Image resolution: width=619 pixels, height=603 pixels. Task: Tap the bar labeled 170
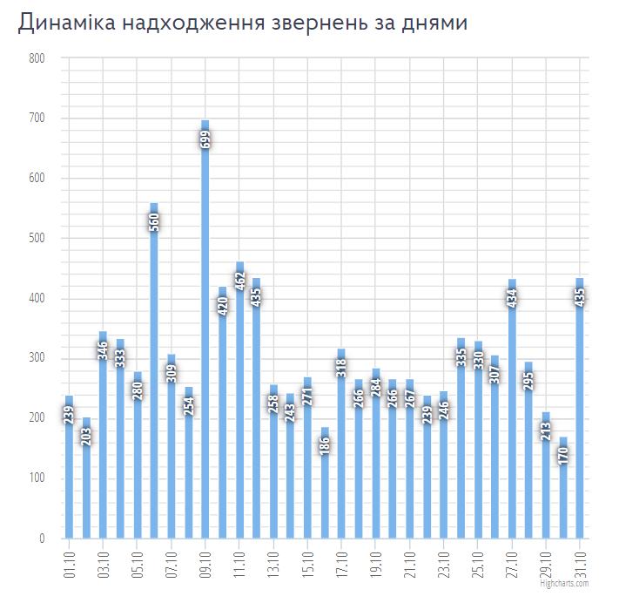pos(563,505)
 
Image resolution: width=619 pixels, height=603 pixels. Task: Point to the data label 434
pos(512,297)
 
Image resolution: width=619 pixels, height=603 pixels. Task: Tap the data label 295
pos(529,381)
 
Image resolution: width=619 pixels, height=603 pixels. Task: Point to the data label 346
pos(103,349)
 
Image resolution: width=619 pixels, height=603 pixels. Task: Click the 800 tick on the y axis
pos(36,58)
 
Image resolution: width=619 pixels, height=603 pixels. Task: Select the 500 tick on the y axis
pos(36,239)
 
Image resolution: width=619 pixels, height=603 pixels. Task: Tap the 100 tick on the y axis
pos(36,478)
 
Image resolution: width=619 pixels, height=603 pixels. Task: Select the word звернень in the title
pos(323,24)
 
